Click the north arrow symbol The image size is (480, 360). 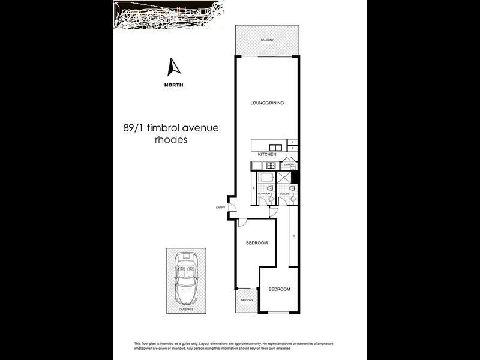point(174,67)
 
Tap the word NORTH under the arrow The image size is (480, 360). point(174,85)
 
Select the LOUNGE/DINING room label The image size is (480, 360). point(267,103)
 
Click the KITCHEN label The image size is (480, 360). point(267,155)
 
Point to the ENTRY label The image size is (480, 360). point(220,208)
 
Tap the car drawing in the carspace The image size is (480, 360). point(186,279)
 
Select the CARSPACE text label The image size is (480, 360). point(186,310)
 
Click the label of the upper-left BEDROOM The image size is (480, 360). point(257,243)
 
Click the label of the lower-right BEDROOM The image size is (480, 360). point(279,289)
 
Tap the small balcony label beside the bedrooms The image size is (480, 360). point(247,300)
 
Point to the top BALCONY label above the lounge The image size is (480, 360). point(267,40)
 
